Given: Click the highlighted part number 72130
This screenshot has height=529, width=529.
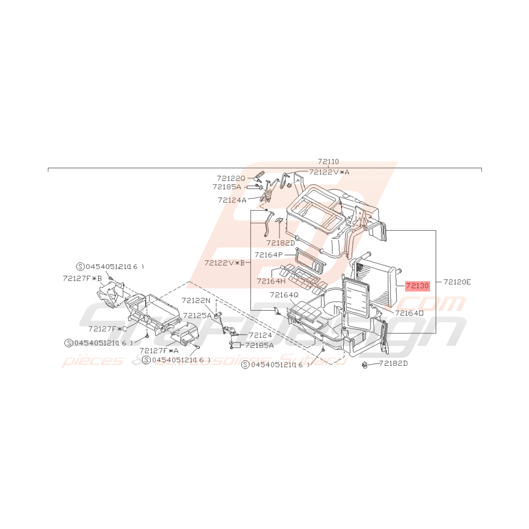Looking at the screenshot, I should [x=417, y=286].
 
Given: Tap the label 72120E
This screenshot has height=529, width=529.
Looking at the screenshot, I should [x=457, y=281].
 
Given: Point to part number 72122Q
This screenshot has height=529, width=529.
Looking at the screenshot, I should [x=231, y=178].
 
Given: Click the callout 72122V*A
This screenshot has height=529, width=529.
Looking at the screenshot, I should [x=330, y=172].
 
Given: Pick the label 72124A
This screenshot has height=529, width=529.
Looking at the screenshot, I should [x=232, y=200].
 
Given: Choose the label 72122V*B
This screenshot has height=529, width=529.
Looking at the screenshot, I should [x=225, y=263].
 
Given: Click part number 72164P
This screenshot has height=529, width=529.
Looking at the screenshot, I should [x=269, y=255].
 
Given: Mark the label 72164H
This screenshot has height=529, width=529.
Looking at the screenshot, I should [x=271, y=281].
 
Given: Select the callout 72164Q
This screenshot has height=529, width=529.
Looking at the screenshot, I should [x=284, y=295].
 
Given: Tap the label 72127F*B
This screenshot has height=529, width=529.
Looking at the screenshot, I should [x=82, y=278].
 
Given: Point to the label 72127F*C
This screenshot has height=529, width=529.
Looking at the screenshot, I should [x=107, y=328].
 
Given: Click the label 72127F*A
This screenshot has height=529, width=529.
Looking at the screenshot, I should [x=159, y=351].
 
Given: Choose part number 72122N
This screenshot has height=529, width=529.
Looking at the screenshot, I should [x=196, y=300].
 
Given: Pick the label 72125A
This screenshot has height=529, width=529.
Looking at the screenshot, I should [x=197, y=315].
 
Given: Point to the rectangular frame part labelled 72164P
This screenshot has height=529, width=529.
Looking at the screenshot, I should [x=310, y=261].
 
